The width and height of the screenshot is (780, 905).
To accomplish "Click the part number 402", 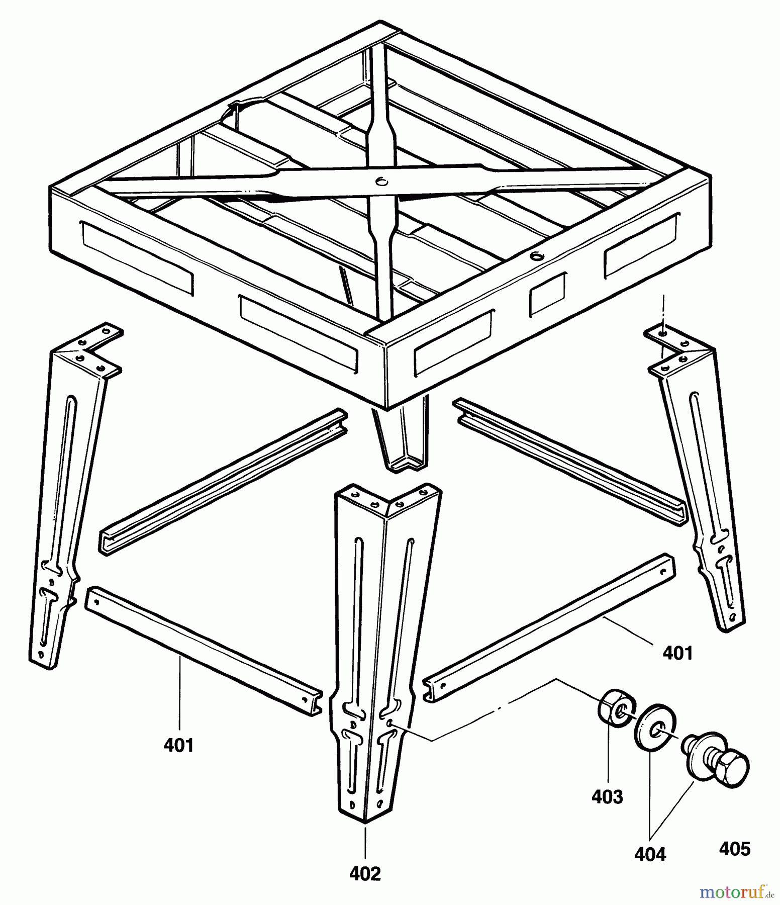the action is click(x=365, y=874).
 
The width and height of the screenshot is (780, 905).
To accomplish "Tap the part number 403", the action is click(x=607, y=797).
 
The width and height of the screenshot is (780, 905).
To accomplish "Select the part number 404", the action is click(x=650, y=854).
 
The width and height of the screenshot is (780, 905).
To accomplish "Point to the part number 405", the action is click(x=734, y=849).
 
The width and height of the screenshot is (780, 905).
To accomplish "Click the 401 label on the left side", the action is click(x=178, y=745).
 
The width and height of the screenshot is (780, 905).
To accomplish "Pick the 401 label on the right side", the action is click(x=677, y=653).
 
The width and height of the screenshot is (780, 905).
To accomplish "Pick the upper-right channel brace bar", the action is click(x=570, y=462).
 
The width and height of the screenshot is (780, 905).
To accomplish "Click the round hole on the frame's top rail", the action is click(x=537, y=256).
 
